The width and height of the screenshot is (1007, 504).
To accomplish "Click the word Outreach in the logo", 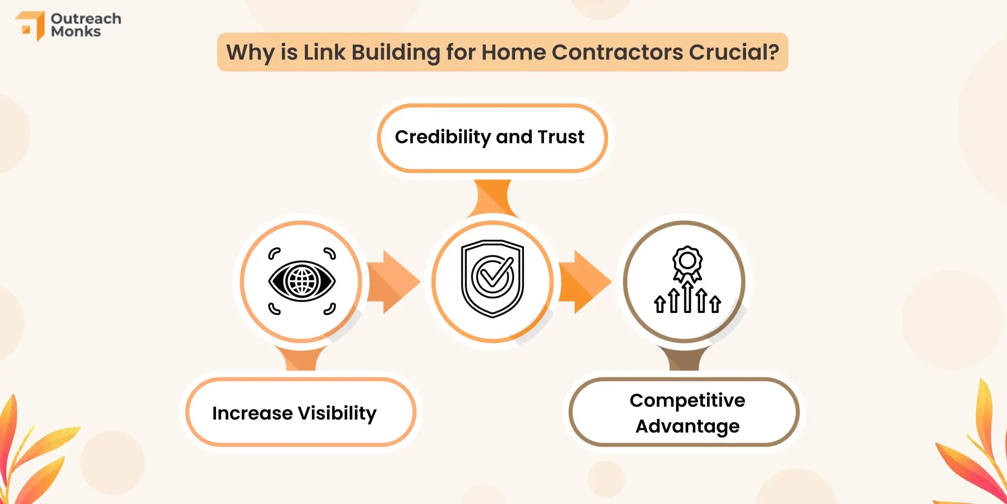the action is point(86,18).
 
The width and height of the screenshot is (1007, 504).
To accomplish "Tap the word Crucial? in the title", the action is point(734,52).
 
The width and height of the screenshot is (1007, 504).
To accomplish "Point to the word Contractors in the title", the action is point(617,52).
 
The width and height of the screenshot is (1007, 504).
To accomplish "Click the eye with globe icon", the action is point(302,281).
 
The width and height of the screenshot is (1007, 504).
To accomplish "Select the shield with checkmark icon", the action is point(492,279).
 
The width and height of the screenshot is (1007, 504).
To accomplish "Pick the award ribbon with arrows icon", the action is point(687,280).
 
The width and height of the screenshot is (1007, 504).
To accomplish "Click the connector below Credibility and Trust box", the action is point(492,198).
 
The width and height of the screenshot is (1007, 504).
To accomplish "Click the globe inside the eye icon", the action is point(302,281).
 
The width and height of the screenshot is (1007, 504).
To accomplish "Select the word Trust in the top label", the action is point(561,136).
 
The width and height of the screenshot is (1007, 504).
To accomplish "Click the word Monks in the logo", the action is point(76,31).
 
